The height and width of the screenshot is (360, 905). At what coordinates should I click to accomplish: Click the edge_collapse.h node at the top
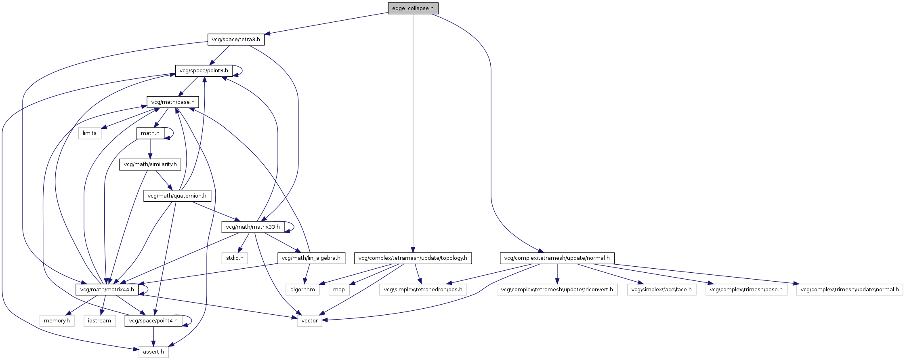413,8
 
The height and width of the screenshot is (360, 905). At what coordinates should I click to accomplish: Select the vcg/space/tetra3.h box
236,40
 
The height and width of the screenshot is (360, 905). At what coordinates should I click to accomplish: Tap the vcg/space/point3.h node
204,71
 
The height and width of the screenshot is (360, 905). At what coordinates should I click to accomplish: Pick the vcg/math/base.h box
173,102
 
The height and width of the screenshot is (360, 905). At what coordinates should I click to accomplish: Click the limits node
90,133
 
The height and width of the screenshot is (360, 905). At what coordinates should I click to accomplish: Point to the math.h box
150,133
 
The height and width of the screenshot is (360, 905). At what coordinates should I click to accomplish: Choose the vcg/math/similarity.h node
150,164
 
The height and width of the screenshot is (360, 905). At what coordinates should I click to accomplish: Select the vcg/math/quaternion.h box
177,196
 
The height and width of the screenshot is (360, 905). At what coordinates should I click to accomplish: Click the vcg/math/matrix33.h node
253,227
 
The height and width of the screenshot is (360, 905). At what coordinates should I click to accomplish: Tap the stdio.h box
235,258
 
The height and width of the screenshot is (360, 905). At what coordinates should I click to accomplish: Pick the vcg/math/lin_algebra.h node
311,258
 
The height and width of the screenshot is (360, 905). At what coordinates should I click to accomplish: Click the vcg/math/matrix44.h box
107,289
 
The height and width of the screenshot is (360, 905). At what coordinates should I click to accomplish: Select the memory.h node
57,321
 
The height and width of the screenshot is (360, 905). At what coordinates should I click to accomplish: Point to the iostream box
99,321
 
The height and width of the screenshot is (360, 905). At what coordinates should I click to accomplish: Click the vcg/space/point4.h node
153,321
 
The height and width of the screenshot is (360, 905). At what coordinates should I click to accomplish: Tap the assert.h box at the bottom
153,352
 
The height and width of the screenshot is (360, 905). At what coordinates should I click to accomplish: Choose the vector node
310,321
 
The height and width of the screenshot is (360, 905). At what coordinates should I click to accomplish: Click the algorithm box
302,289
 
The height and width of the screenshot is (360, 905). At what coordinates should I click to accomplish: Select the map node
339,289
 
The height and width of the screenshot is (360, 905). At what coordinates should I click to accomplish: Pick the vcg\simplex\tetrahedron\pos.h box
423,289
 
